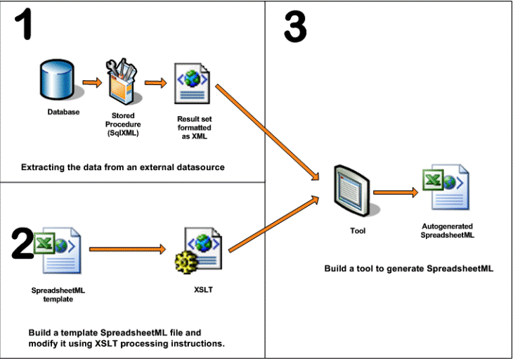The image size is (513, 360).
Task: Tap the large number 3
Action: pyautogui.click(x=294, y=29)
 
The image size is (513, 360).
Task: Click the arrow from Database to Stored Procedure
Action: pyautogui.click(x=91, y=82)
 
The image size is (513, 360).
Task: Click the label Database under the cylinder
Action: pyautogui.click(x=63, y=112)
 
